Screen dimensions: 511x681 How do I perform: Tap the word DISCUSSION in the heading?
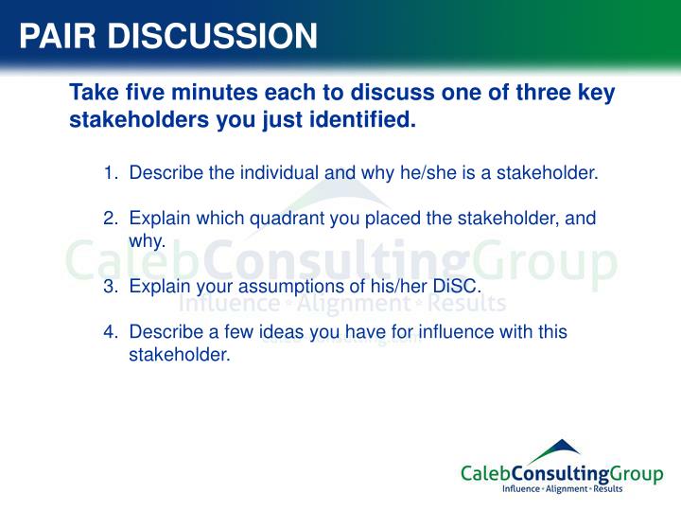[x=210, y=36]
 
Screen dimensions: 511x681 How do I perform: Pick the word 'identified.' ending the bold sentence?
[x=365, y=121]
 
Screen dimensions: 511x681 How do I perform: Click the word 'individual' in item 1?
[x=283, y=173]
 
